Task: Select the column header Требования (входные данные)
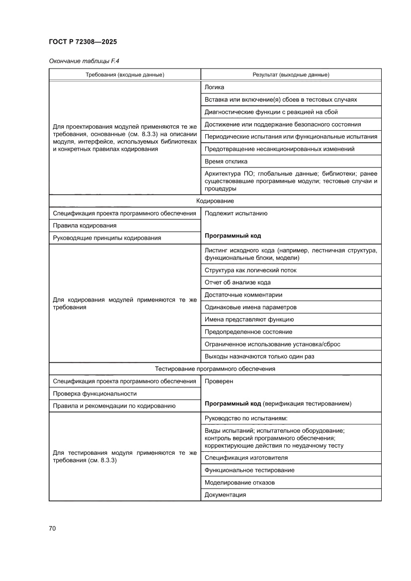click(x=125, y=75)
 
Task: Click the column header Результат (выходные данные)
click(x=291, y=75)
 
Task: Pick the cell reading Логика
click(x=214, y=87)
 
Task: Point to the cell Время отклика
click(x=226, y=162)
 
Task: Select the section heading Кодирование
click(x=215, y=201)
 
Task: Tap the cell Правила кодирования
click(x=84, y=226)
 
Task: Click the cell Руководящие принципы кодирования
click(x=106, y=238)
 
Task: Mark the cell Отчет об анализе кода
click(x=238, y=282)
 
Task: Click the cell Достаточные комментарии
click(x=243, y=295)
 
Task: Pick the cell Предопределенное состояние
click(x=248, y=332)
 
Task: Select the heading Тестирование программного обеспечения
click(x=215, y=369)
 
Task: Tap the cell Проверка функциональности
click(x=94, y=394)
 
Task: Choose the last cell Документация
click(x=225, y=495)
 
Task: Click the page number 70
click(x=52, y=528)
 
